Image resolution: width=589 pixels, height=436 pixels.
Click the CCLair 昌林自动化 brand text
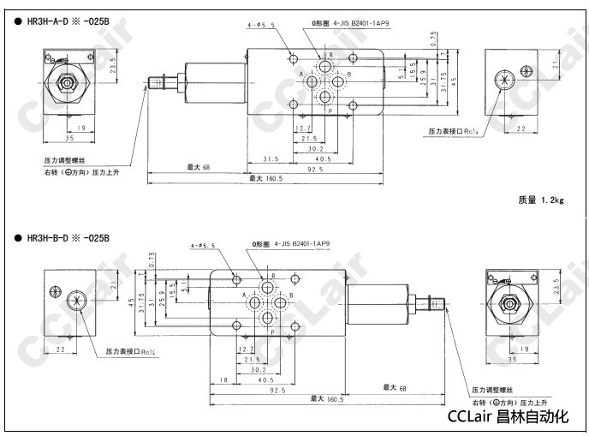508,417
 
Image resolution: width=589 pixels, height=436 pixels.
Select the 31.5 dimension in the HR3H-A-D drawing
271,158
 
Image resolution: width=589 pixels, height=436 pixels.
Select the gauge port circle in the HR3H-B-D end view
74,302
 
